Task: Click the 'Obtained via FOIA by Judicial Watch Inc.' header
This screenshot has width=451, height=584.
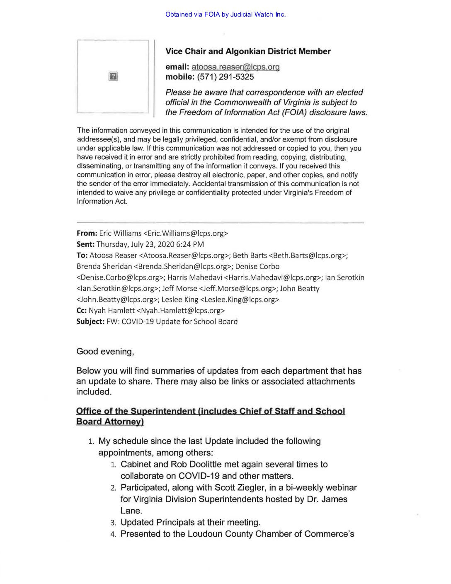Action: (225, 15)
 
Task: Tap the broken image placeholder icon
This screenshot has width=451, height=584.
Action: (113, 76)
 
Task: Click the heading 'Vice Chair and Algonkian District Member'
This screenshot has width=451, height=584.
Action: (248, 51)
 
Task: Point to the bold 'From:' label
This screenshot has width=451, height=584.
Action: (87, 233)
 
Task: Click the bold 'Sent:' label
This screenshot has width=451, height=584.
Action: (85, 244)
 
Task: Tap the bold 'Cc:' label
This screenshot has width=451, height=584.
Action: (82, 310)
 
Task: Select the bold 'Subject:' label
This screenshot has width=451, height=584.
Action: (90, 321)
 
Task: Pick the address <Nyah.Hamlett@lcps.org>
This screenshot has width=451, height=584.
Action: (181, 310)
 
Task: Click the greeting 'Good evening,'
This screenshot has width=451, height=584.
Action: (105, 351)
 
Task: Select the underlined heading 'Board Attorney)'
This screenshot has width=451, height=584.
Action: (110, 421)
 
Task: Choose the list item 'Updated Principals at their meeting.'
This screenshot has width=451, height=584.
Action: (190, 522)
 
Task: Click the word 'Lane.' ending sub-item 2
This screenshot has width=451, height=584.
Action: (131, 511)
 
